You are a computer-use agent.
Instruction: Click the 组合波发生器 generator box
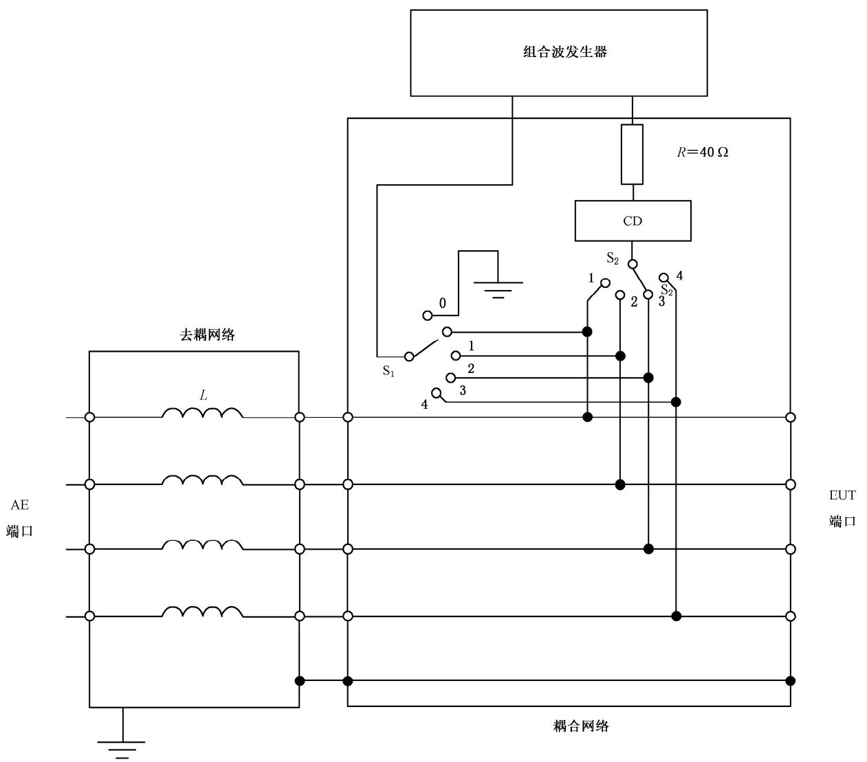click(558, 52)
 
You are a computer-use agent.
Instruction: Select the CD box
click(633, 221)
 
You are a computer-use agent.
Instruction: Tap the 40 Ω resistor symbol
click(632, 154)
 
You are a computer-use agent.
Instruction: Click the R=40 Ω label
click(702, 153)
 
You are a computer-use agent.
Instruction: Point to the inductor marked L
click(202, 413)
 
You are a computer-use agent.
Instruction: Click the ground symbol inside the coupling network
click(498, 288)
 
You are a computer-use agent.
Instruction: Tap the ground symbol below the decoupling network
click(122, 748)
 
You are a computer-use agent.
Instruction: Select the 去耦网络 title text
click(207, 335)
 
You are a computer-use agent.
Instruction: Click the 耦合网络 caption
click(581, 726)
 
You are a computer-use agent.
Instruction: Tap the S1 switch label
click(388, 371)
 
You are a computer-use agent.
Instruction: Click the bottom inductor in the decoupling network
click(202, 612)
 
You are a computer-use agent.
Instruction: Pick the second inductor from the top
click(202, 480)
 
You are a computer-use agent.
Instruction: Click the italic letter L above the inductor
click(203, 395)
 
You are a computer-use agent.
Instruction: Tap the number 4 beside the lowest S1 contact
click(424, 405)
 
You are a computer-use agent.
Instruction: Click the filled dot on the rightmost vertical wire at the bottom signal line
click(677, 616)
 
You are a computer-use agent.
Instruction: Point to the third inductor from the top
click(202, 545)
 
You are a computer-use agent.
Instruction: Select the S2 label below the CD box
click(612, 258)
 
